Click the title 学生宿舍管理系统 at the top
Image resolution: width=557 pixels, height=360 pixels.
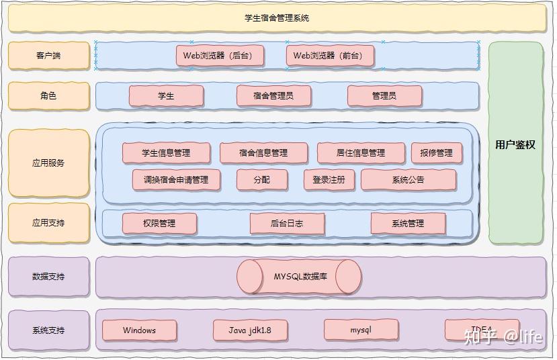[277, 18]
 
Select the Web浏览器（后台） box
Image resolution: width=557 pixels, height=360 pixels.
[218, 56]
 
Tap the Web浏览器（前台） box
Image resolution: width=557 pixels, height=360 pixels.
[328, 56]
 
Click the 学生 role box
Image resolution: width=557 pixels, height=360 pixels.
[166, 96]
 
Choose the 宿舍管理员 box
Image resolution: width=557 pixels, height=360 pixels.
[273, 96]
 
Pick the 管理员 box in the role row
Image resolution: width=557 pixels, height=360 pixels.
[384, 96]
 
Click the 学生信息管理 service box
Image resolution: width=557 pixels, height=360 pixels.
[166, 153]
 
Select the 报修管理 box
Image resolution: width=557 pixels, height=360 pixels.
[437, 153]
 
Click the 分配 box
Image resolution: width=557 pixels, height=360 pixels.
[262, 180]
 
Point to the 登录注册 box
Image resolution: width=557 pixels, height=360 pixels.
[329, 180]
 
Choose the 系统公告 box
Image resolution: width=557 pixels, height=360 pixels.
[409, 180]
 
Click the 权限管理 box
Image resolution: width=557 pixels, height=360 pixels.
[159, 224]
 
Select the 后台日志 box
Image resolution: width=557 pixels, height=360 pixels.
[287, 224]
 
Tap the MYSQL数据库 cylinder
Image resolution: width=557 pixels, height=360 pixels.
[300, 277]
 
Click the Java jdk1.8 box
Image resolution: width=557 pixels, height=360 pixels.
[250, 330]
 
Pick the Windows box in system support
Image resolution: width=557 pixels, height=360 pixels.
[140, 330]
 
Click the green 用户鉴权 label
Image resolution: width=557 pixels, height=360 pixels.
[515, 144]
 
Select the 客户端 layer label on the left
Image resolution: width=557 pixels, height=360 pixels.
[48, 56]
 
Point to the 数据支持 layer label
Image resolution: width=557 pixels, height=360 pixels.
[48, 277]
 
